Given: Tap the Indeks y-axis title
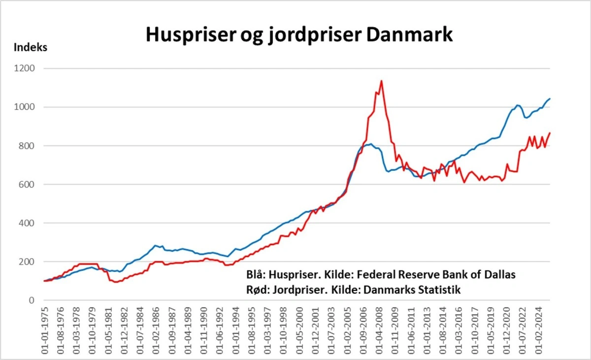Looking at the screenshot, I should click(31, 48).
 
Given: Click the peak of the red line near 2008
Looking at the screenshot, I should click(381, 81).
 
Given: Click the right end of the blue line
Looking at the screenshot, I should click(550, 99).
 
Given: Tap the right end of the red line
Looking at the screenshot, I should click(550, 133).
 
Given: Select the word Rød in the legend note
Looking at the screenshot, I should click(255, 290).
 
